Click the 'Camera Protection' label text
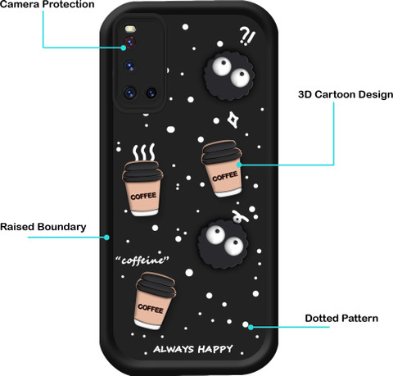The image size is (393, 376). [47, 4]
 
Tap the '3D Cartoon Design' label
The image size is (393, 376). [346, 94]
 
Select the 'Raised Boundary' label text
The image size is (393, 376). [43, 227]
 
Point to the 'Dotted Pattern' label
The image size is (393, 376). [341, 319]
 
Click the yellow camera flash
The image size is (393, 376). [130, 29]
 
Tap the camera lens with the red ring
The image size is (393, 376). [130, 43]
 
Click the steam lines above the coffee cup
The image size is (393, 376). [144, 152]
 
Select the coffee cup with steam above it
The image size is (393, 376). [142, 188]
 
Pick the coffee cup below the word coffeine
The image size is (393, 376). [155, 301]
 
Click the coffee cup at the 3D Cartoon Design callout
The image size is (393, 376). [222, 169]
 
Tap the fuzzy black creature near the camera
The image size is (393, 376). [230, 75]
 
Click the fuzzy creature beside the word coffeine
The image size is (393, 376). [223, 243]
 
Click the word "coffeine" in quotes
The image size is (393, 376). [142, 260]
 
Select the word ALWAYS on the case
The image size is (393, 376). [174, 349]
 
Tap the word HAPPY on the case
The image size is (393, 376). [215, 349]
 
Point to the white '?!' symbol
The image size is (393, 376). [247, 36]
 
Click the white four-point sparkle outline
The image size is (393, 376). [233, 120]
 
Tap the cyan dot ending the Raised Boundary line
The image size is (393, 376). [107, 238]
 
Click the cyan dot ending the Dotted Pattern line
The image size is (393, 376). [251, 327]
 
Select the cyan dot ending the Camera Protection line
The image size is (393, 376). [124, 48]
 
